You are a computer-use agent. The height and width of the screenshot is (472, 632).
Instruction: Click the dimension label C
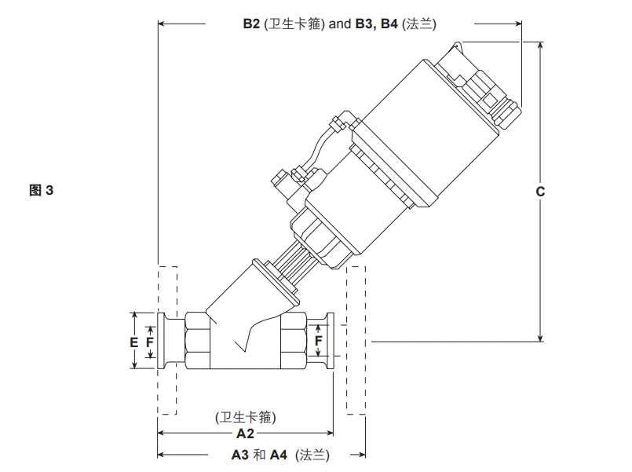540,192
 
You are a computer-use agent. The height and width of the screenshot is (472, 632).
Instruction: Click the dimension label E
133,342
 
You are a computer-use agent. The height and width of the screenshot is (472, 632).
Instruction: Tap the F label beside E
149,342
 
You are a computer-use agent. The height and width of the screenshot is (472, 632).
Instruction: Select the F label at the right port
319,341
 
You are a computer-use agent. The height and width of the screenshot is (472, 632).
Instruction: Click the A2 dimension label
245,434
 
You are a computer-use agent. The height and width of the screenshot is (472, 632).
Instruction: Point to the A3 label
239,455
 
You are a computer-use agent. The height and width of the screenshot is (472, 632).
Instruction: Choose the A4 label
279,455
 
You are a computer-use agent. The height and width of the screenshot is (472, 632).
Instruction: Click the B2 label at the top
251,24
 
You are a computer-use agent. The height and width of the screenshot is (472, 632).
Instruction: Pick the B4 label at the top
389,24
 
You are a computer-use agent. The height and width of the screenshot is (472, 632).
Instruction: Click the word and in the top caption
340,24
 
